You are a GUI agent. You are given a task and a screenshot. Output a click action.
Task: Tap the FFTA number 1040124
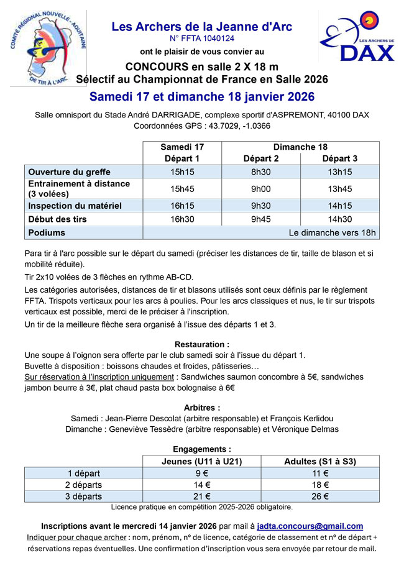point(201,39)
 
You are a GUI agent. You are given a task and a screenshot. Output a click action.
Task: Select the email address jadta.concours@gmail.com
point(310,526)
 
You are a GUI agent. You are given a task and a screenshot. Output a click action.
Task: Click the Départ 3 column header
point(339,159)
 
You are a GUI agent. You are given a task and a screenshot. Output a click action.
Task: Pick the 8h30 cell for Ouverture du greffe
point(260,172)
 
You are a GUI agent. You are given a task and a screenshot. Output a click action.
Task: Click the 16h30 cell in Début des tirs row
point(182,219)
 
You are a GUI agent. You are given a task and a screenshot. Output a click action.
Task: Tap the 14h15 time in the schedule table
point(339,206)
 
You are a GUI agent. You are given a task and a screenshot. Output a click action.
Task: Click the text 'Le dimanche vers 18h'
point(333,232)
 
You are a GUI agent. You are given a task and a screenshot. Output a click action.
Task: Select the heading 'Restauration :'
point(201,344)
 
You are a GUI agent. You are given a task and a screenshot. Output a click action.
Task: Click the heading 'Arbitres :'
point(201,408)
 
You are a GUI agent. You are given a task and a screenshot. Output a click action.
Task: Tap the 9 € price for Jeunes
point(201,472)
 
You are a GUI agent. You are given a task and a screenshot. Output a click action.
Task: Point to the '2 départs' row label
point(85,484)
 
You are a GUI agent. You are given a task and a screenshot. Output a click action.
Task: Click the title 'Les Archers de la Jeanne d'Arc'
point(201,27)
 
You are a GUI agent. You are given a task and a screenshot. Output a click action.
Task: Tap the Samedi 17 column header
point(182,147)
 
